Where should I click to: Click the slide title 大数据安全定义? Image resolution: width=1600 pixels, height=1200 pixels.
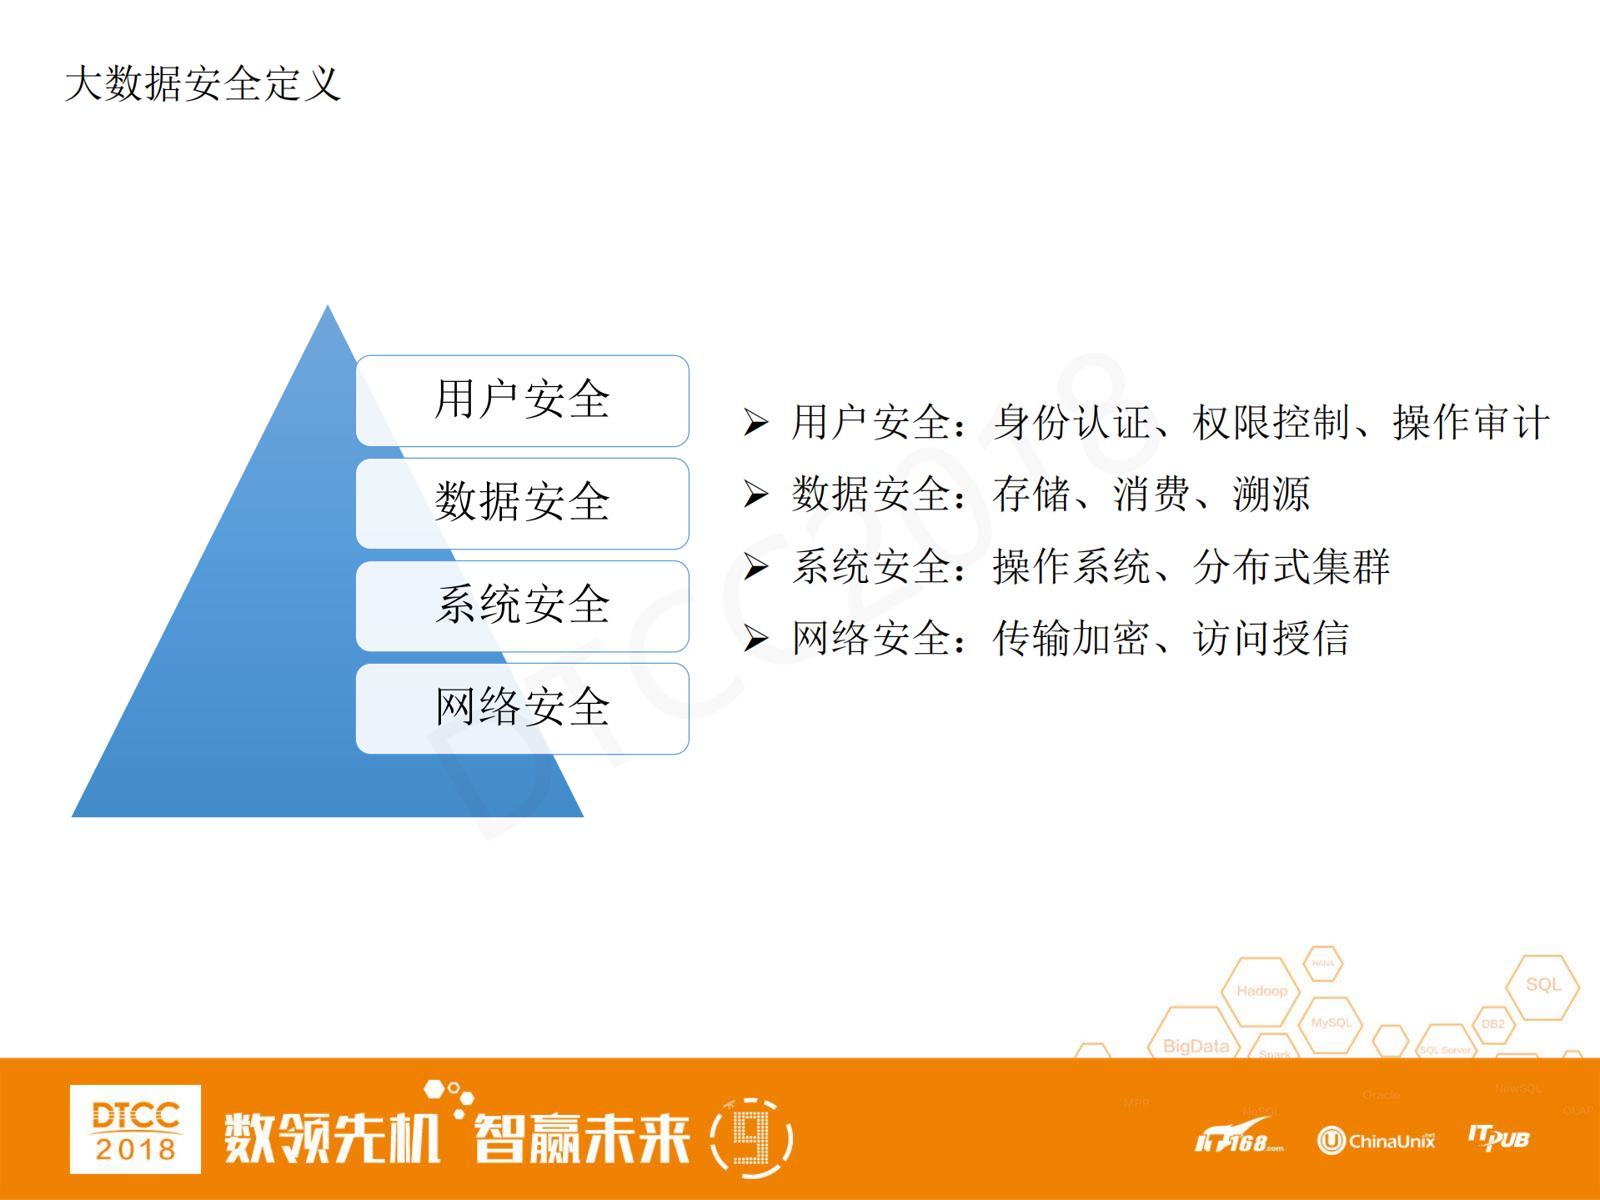point(203,83)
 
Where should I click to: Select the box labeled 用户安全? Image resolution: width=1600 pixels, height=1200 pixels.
point(522,400)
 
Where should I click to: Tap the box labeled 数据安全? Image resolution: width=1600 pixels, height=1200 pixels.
point(522,503)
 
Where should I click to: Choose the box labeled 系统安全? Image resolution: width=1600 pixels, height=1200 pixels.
point(522,605)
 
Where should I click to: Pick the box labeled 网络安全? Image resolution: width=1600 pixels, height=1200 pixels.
point(522,708)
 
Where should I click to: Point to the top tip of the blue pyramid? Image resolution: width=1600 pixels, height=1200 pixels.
point(328,308)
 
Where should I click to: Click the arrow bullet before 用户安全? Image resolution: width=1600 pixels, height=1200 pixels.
point(755,423)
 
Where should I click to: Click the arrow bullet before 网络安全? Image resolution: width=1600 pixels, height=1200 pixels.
point(755,639)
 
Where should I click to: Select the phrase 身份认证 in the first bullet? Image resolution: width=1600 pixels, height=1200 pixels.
point(1071,423)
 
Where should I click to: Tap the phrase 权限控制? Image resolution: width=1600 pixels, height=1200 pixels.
point(1271,423)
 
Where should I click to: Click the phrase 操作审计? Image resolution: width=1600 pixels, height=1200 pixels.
point(1471,423)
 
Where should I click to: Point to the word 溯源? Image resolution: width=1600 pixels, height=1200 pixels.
point(1271,495)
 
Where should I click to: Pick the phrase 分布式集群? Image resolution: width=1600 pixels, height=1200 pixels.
point(1291,567)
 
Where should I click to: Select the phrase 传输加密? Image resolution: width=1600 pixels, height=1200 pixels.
point(1071,639)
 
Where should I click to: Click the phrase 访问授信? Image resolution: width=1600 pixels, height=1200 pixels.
point(1271,639)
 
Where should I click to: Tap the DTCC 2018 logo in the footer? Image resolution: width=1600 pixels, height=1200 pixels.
point(135,1129)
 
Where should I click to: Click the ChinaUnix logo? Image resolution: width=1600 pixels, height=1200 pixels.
point(1377,1140)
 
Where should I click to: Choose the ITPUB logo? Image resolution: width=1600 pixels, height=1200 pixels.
point(1498,1138)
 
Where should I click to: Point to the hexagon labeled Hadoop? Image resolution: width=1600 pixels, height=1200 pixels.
point(1261,991)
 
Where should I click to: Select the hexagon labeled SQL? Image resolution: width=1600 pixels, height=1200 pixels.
point(1542,986)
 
